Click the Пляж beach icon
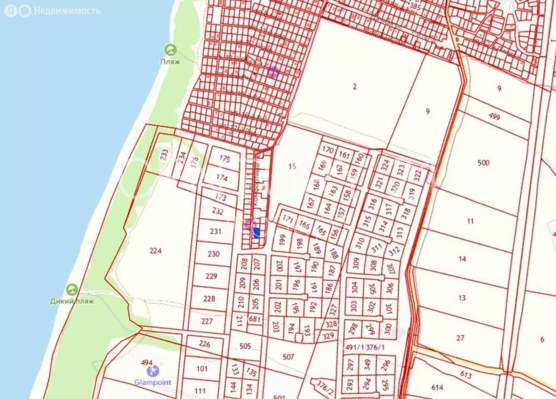pos(170,50)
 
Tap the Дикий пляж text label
pos(72,301)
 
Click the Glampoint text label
pos(153,382)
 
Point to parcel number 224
pos(156,250)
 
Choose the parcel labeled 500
pos(483,163)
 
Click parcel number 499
pos(494,116)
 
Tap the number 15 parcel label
pos(292,166)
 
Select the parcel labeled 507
pos(288,357)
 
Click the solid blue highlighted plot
pos(256,233)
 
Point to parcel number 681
pos(255,319)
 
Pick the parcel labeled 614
pos(437,388)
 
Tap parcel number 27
pos(460,338)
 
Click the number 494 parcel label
pos(147,363)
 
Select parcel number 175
pos(225,159)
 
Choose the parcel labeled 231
pos(216,231)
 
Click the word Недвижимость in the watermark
pos(67,11)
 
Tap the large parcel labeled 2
pos(355,87)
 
